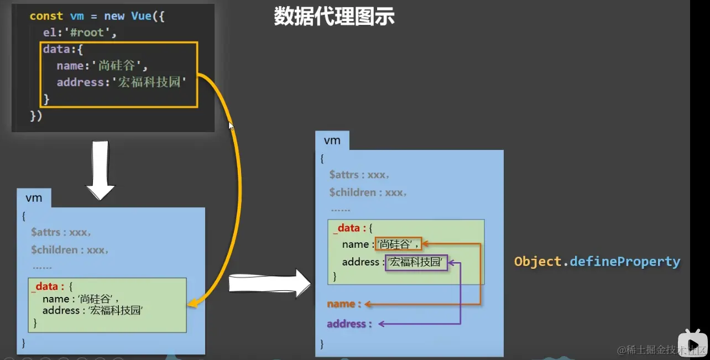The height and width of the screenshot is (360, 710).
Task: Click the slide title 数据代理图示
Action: tap(334, 16)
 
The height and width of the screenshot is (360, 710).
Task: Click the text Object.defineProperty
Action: tap(597, 262)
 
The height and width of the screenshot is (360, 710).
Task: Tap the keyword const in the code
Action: tap(46, 16)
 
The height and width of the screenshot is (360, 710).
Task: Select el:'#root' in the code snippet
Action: tap(80, 33)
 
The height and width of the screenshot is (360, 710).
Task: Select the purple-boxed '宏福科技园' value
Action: tap(416, 262)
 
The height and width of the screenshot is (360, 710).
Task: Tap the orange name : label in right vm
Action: tap(344, 304)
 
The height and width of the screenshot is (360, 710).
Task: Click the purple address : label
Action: tap(349, 324)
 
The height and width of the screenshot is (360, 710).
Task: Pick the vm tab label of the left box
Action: tap(34, 198)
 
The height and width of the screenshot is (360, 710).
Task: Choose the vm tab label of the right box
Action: tap(332, 140)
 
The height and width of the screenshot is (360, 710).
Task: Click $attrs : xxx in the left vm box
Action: tap(61, 232)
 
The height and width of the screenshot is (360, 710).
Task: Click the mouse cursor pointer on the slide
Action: tap(231, 126)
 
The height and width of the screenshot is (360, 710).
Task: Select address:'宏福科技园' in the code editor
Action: tap(121, 83)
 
